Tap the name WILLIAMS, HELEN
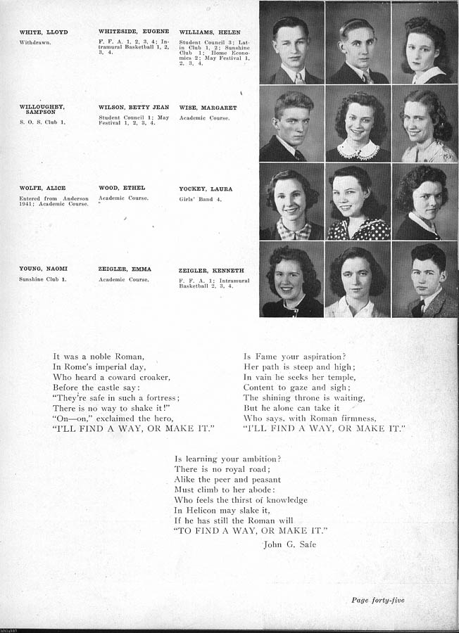point(210,32)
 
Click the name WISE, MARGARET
point(208,108)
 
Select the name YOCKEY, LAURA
point(206,189)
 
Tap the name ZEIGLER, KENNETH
point(212,269)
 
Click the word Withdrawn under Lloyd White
point(34,42)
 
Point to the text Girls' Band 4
point(200,199)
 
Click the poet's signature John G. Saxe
point(289,544)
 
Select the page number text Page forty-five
point(378,600)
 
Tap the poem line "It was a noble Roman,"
point(99,357)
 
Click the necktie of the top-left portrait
point(299,78)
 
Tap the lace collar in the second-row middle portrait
point(358,150)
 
